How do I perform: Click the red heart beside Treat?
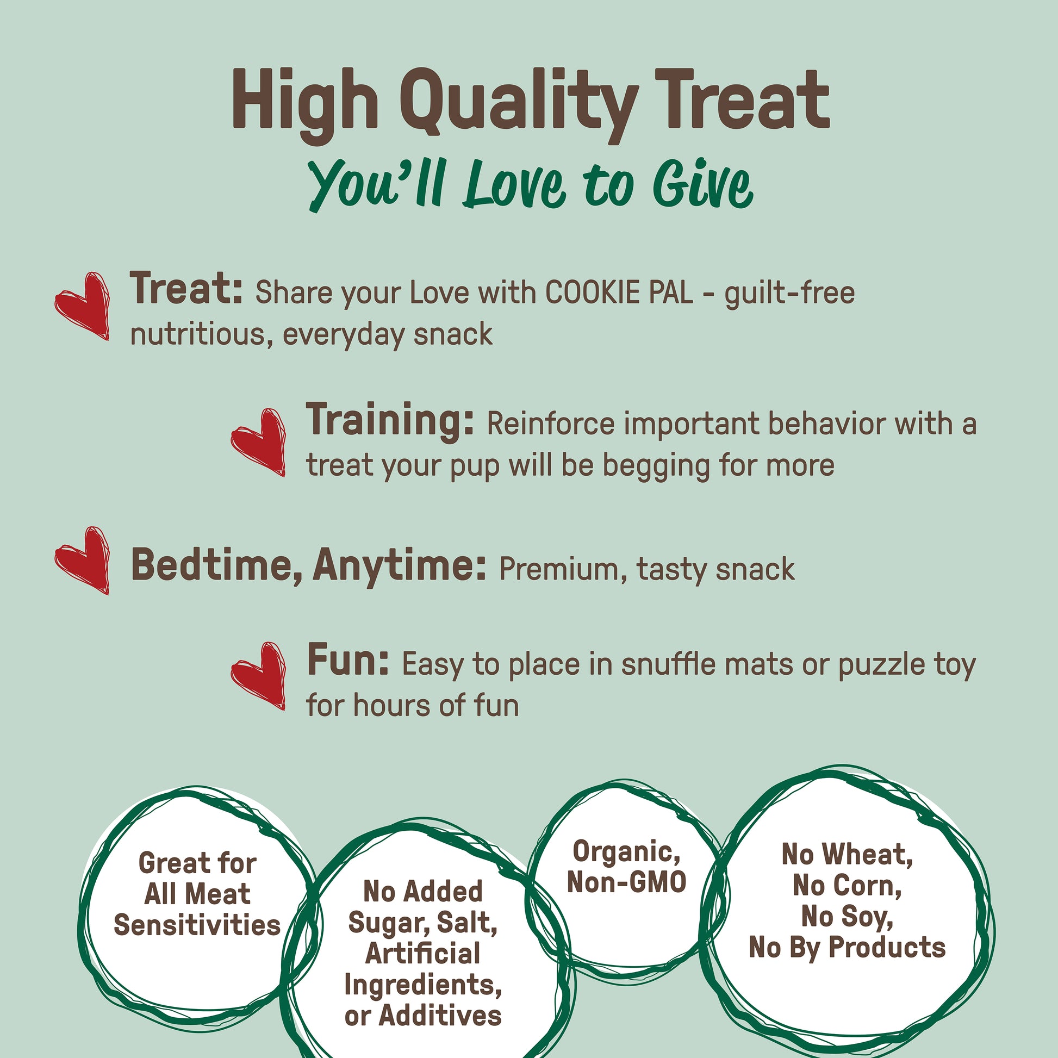pyautogui.click(x=82, y=306)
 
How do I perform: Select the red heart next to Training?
pyautogui.click(x=258, y=442)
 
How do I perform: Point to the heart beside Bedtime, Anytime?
pyautogui.click(x=82, y=560)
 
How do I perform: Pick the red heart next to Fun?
pyautogui.click(x=258, y=676)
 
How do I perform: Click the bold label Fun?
pyautogui.click(x=348, y=660)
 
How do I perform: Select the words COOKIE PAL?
pyautogui.click(x=619, y=293)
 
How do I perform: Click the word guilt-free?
pyautogui.click(x=789, y=294)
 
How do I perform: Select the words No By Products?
pyautogui.click(x=847, y=948)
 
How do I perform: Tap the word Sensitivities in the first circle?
pyautogui.click(x=197, y=925)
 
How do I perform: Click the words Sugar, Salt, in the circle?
pyautogui.click(x=423, y=923)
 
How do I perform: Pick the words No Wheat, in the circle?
pyautogui.click(x=847, y=855)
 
